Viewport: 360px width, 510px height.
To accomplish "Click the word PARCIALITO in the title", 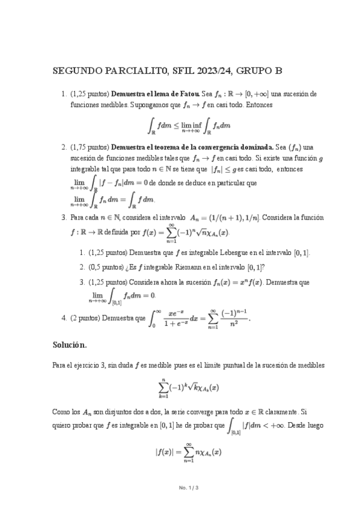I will coord(128,71).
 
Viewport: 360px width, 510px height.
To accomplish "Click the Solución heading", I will coord(70,345).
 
